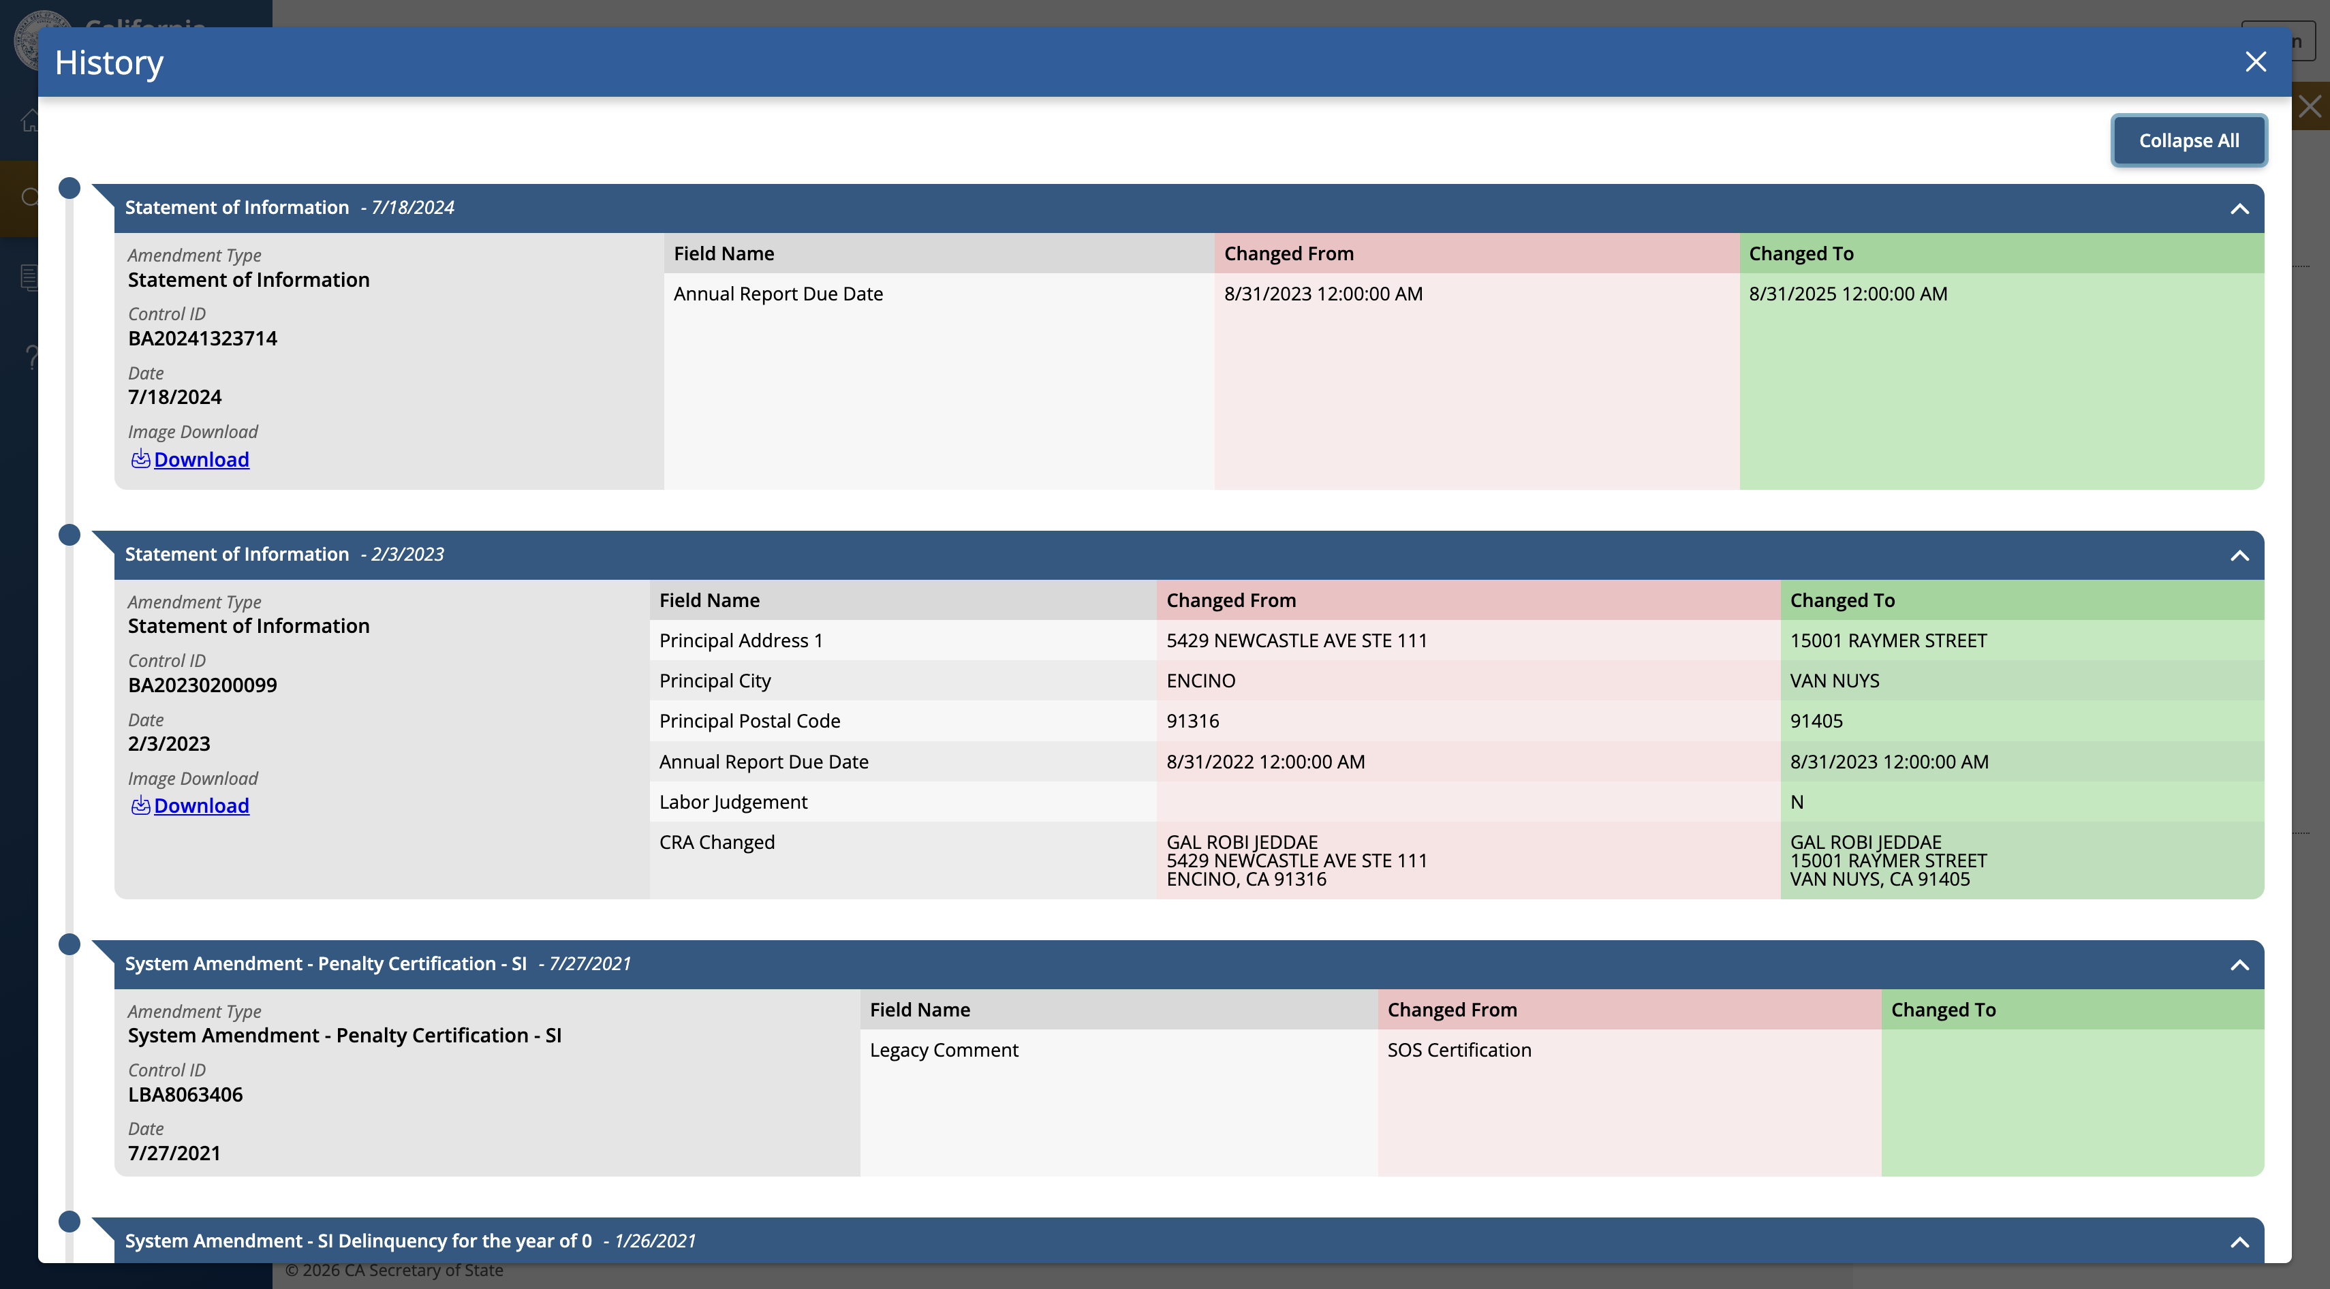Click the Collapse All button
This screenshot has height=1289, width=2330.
tap(2188, 140)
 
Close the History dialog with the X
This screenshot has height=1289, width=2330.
tap(2256, 61)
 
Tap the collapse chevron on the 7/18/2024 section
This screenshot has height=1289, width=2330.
tap(2239, 209)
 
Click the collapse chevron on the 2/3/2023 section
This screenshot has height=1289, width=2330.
tap(2239, 555)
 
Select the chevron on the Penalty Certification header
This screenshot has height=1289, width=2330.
tap(2239, 965)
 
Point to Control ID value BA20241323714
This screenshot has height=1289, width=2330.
tap(202, 339)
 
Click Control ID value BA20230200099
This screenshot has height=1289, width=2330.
tap(202, 685)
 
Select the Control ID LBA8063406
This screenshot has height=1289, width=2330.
tap(185, 1095)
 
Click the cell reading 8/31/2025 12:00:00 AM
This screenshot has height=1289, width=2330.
tap(1848, 294)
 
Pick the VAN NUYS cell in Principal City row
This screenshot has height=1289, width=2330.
tap(1834, 681)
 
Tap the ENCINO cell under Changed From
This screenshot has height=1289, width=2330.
tap(1200, 681)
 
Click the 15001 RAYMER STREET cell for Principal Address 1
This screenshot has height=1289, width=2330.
tap(1888, 640)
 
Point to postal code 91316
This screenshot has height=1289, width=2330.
tap(1192, 721)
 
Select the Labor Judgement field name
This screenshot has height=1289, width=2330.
tap(732, 803)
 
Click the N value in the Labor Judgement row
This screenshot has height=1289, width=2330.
tap(1797, 803)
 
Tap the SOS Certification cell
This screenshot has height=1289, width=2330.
tap(1459, 1050)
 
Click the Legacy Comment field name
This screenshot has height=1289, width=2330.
tap(944, 1050)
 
